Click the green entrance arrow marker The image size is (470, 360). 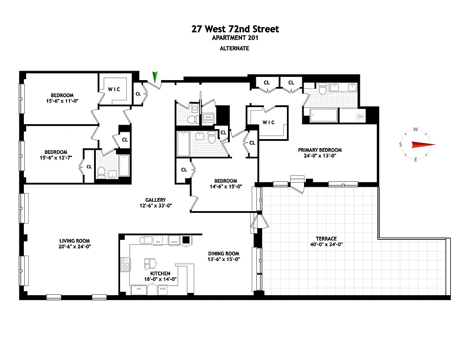click(x=156, y=77)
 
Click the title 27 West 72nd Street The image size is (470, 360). click(x=235, y=29)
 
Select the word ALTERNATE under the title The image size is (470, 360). click(x=235, y=48)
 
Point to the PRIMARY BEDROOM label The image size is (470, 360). click(x=320, y=150)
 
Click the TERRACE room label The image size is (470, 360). click(x=326, y=238)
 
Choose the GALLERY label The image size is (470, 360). click(x=156, y=200)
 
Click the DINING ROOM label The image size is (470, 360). click(x=224, y=253)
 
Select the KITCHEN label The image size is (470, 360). click(x=160, y=273)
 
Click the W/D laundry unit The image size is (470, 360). click(x=208, y=117)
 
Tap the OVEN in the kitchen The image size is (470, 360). click(x=174, y=242)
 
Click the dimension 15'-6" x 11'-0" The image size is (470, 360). click(x=62, y=101)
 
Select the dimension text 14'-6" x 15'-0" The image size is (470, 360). click(x=226, y=187)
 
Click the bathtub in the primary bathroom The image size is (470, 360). click(x=321, y=116)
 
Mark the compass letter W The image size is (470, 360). click(x=416, y=130)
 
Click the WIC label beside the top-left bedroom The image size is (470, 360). click(x=114, y=89)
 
